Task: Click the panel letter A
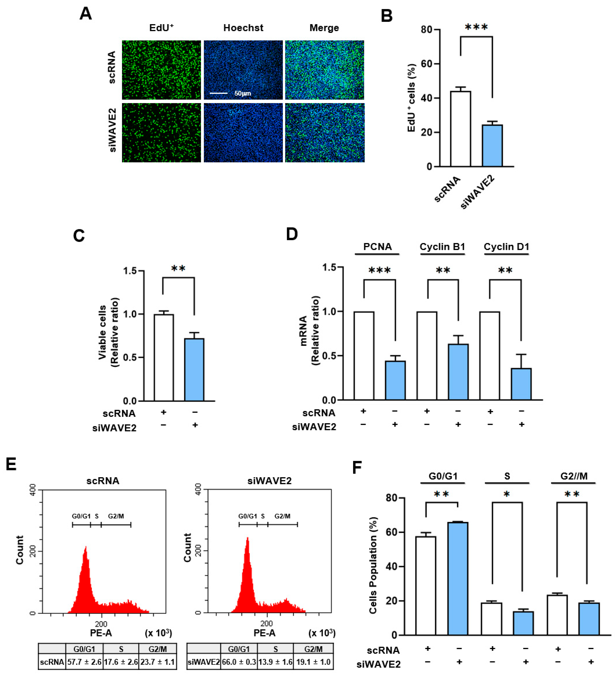[86, 14]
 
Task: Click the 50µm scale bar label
[243, 93]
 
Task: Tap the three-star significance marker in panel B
[476, 27]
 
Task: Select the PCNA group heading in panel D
[377, 247]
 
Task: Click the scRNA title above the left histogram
[103, 481]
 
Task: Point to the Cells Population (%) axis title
[373, 566]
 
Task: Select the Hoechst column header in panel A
[243, 28]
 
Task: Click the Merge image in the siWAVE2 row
[324, 133]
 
